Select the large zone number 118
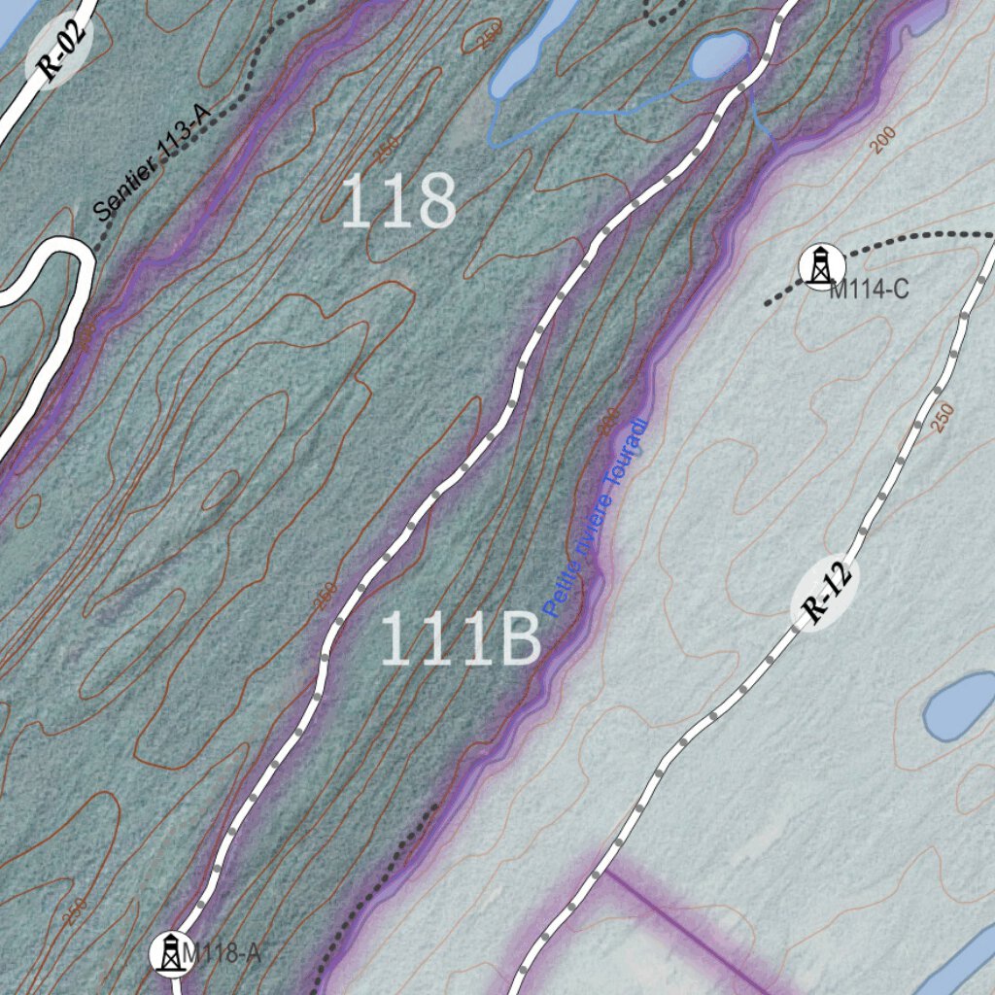point(398,202)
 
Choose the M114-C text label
point(869,289)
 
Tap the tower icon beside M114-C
point(821,265)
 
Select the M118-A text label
point(222,953)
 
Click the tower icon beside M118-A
point(170,952)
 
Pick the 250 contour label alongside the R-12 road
point(942,417)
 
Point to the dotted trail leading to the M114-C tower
point(904,243)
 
